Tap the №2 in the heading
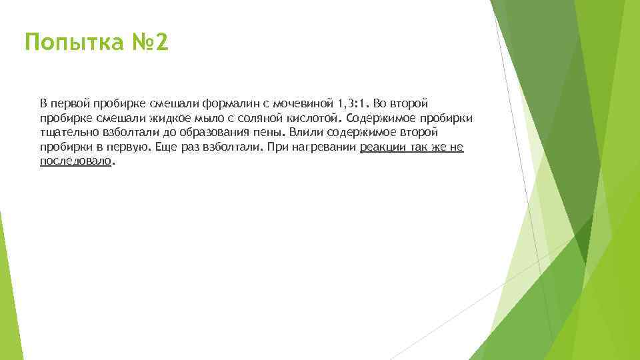151,44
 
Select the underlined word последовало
75,161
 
